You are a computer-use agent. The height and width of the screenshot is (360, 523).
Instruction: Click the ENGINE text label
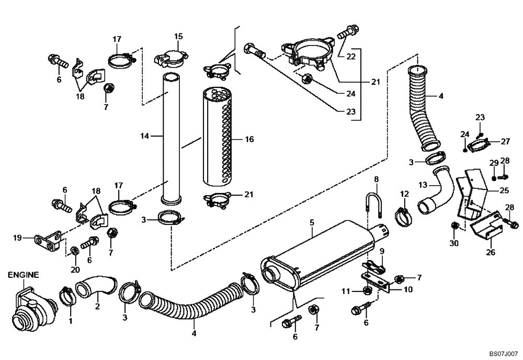[23, 274]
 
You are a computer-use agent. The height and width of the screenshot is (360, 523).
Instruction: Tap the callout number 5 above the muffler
[312, 222]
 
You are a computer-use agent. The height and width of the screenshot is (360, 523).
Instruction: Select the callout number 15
[178, 36]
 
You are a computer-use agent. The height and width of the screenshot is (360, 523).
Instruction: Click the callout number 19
[17, 238]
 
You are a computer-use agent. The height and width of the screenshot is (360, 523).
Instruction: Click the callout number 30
[453, 243]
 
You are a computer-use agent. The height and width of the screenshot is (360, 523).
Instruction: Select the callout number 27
[505, 141]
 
